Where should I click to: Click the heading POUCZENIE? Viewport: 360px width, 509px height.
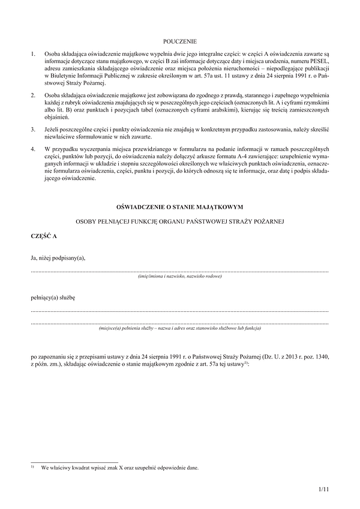180,41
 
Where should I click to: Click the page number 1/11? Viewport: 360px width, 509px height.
324,490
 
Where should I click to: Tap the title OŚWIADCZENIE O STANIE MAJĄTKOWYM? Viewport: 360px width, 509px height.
180,207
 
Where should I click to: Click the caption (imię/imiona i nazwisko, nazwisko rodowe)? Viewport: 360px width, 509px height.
180,276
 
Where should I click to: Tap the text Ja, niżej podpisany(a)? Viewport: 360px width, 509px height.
58,258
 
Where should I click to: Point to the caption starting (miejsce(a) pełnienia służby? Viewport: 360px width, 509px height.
180,329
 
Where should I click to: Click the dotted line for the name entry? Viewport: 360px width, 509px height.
180,272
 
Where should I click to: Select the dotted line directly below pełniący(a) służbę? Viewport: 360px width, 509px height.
180,311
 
